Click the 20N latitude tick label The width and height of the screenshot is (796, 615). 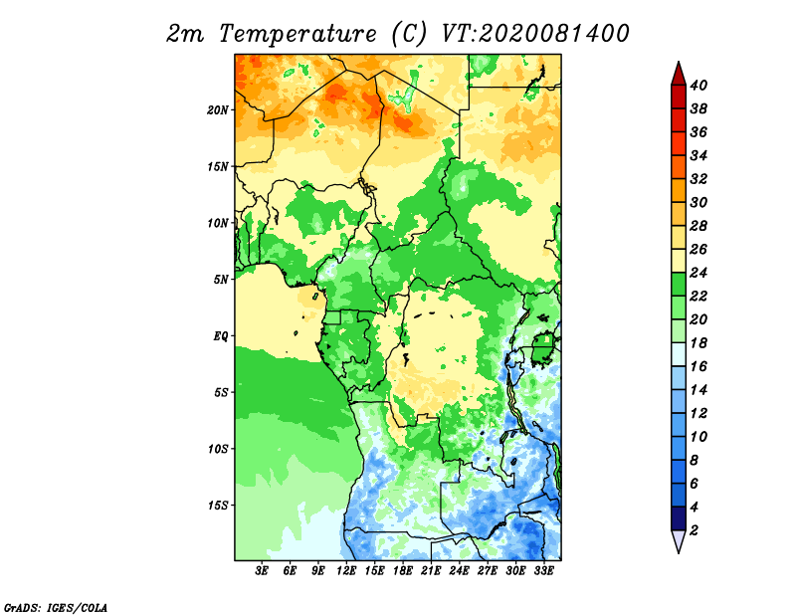(x=217, y=109)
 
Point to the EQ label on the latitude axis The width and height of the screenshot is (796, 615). (x=220, y=336)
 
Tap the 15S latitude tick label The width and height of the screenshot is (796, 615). (x=217, y=506)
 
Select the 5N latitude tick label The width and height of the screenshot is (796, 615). (x=220, y=280)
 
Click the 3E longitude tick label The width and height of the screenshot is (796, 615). (x=262, y=571)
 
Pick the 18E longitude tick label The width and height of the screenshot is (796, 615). (x=403, y=571)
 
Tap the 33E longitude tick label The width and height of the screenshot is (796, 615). (x=543, y=571)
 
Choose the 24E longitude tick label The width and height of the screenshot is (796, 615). (x=459, y=571)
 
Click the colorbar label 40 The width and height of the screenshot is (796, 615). (x=698, y=86)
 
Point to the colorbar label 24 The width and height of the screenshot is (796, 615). (x=698, y=273)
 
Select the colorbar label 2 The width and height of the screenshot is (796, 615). (x=694, y=530)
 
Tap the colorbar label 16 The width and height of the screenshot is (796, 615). (x=698, y=366)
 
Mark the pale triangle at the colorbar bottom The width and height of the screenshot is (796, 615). (x=679, y=540)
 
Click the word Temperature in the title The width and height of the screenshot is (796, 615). (x=298, y=34)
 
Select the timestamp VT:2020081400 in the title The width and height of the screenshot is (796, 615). (x=535, y=34)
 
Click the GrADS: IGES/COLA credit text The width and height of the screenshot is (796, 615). (x=56, y=607)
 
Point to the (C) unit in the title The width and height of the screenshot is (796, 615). (x=409, y=34)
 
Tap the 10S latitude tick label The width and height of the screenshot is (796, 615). (x=217, y=449)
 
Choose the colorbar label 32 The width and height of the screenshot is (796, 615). (x=698, y=179)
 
